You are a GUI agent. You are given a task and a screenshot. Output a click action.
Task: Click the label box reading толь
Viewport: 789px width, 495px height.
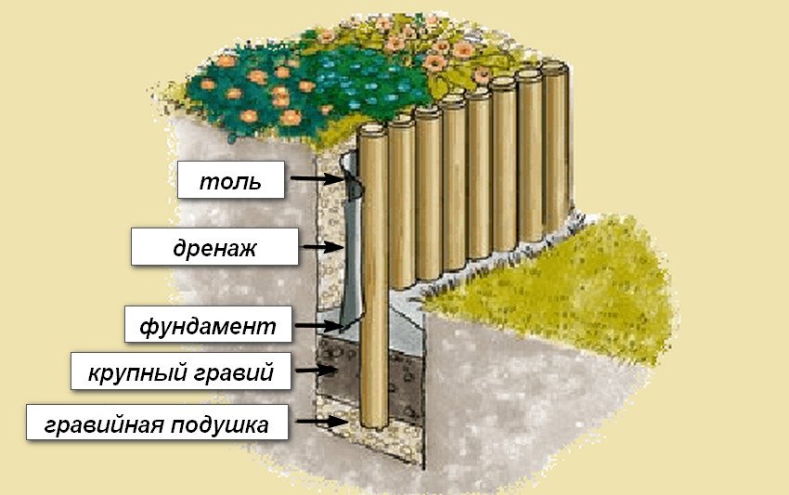coord(230,180)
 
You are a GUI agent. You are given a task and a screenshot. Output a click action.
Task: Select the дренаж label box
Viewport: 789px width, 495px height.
coord(214,247)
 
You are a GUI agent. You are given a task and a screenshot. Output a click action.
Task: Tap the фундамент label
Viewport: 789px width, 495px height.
coord(208,325)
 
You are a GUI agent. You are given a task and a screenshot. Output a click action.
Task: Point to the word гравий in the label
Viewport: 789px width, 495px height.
coord(234,373)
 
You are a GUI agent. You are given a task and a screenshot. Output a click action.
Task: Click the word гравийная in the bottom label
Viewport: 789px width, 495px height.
coord(104,424)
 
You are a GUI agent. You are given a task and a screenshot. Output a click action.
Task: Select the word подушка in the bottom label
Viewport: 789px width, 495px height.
coord(219,424)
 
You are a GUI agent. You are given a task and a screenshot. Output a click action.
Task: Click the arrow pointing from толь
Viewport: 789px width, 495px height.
coord(317,178)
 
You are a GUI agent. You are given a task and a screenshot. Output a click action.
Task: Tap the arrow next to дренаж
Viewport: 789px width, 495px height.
coord(322,247)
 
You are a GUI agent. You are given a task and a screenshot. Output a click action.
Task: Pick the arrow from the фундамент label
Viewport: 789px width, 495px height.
coord(319,325)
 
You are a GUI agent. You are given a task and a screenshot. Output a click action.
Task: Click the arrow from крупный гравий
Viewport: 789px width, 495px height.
coord(316,371)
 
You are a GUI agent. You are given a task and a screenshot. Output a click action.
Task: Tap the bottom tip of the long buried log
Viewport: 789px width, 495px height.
coord(375,427)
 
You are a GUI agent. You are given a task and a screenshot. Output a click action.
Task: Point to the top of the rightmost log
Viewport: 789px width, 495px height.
coord(555,66)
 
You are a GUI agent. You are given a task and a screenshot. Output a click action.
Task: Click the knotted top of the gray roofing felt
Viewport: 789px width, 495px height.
coord(354,177)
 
